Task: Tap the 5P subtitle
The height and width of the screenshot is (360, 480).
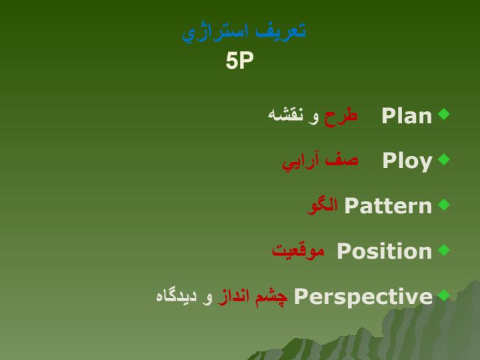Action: click(240, 60)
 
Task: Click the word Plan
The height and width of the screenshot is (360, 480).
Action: click(407, 116)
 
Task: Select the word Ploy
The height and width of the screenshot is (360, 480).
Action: click(407, 161)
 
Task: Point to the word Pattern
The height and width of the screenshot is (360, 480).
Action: click(388, 206)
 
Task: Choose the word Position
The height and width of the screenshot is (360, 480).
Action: click(384, 251)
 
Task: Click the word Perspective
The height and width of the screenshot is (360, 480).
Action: click(363, 297)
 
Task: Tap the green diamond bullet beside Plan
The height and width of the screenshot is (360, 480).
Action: click(444, 114)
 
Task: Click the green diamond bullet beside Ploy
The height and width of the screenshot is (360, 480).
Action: click(444, 159)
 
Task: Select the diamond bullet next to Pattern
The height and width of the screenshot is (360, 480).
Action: click(444, 205)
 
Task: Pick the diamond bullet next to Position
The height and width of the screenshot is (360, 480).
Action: click(444, 250)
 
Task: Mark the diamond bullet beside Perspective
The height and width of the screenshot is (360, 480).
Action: click(444, 295)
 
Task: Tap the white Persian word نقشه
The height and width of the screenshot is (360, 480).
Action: click(285, 114)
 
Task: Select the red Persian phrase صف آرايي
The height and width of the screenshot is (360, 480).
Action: click(320, 161)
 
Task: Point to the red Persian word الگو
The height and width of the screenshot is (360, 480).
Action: click(322, 205)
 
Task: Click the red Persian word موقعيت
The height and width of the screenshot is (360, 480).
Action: click(298, 251)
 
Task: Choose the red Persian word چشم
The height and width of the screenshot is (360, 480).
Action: click(271, 297)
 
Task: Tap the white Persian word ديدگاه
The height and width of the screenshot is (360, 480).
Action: click(176, 295)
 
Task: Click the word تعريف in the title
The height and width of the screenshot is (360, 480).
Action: click(281, 31)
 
